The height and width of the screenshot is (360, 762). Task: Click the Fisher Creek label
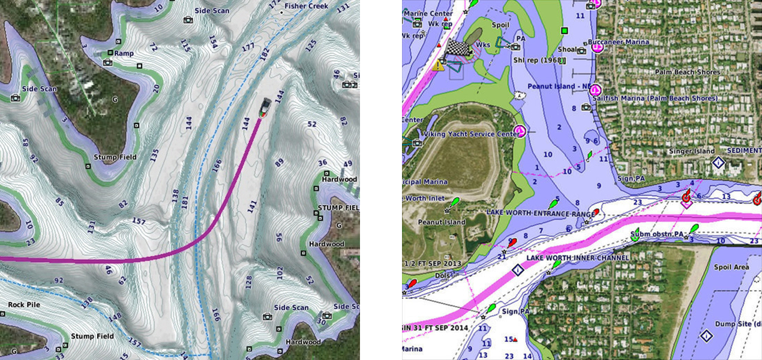(306, 6)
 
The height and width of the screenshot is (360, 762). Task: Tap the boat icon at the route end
(265, 109)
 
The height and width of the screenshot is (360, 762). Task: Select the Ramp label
(124, 53)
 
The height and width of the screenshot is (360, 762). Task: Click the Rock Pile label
(24, 305)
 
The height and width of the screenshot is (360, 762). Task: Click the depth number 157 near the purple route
(138, 221)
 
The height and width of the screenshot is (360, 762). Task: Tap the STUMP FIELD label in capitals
(338, 208)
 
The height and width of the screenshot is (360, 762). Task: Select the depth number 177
(247, 47)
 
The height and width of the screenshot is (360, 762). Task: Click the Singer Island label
(692, 151)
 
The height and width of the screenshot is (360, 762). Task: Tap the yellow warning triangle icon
(439, 65)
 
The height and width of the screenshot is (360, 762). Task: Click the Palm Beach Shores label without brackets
(687, 73)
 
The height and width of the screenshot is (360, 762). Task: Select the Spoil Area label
(731, 267)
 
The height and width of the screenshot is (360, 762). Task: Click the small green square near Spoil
(563, 30)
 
